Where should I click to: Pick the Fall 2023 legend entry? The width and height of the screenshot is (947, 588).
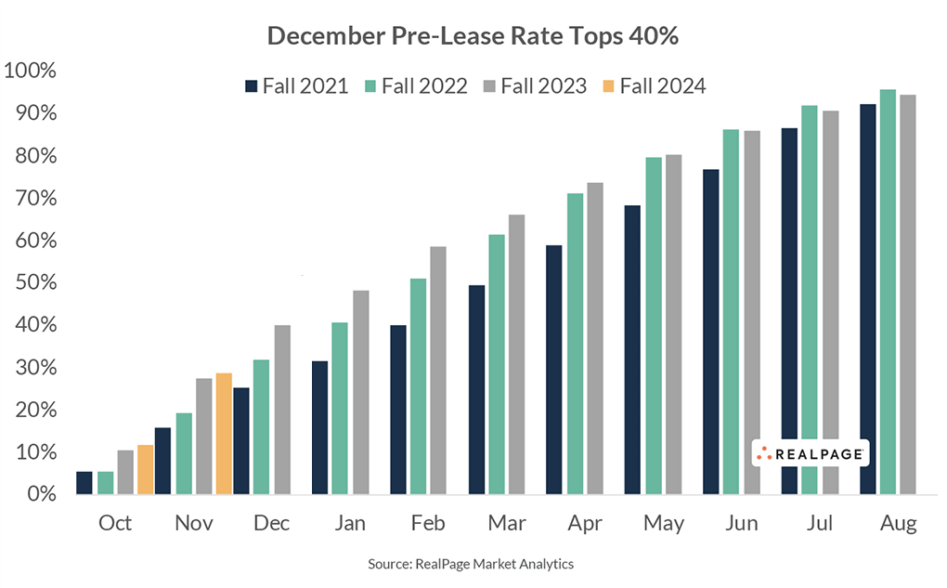click(x=535, y=86)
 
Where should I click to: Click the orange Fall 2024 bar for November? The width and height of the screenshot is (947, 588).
click(x=224, y=434)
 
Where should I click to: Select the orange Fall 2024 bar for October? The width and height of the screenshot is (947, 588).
click(x=145, y=470)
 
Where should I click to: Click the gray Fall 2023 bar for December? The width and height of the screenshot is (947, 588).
click(x=280, y=410)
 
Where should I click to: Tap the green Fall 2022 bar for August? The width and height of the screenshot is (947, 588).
click(x=888, y=292)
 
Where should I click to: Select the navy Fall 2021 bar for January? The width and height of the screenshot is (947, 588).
click(x=319, y=427)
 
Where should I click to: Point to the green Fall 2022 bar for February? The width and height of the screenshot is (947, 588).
click(x=418, y=386)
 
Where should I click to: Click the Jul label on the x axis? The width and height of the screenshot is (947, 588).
click(x=819, y=524)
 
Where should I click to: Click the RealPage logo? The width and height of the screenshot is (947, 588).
click(x=810, y=453)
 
